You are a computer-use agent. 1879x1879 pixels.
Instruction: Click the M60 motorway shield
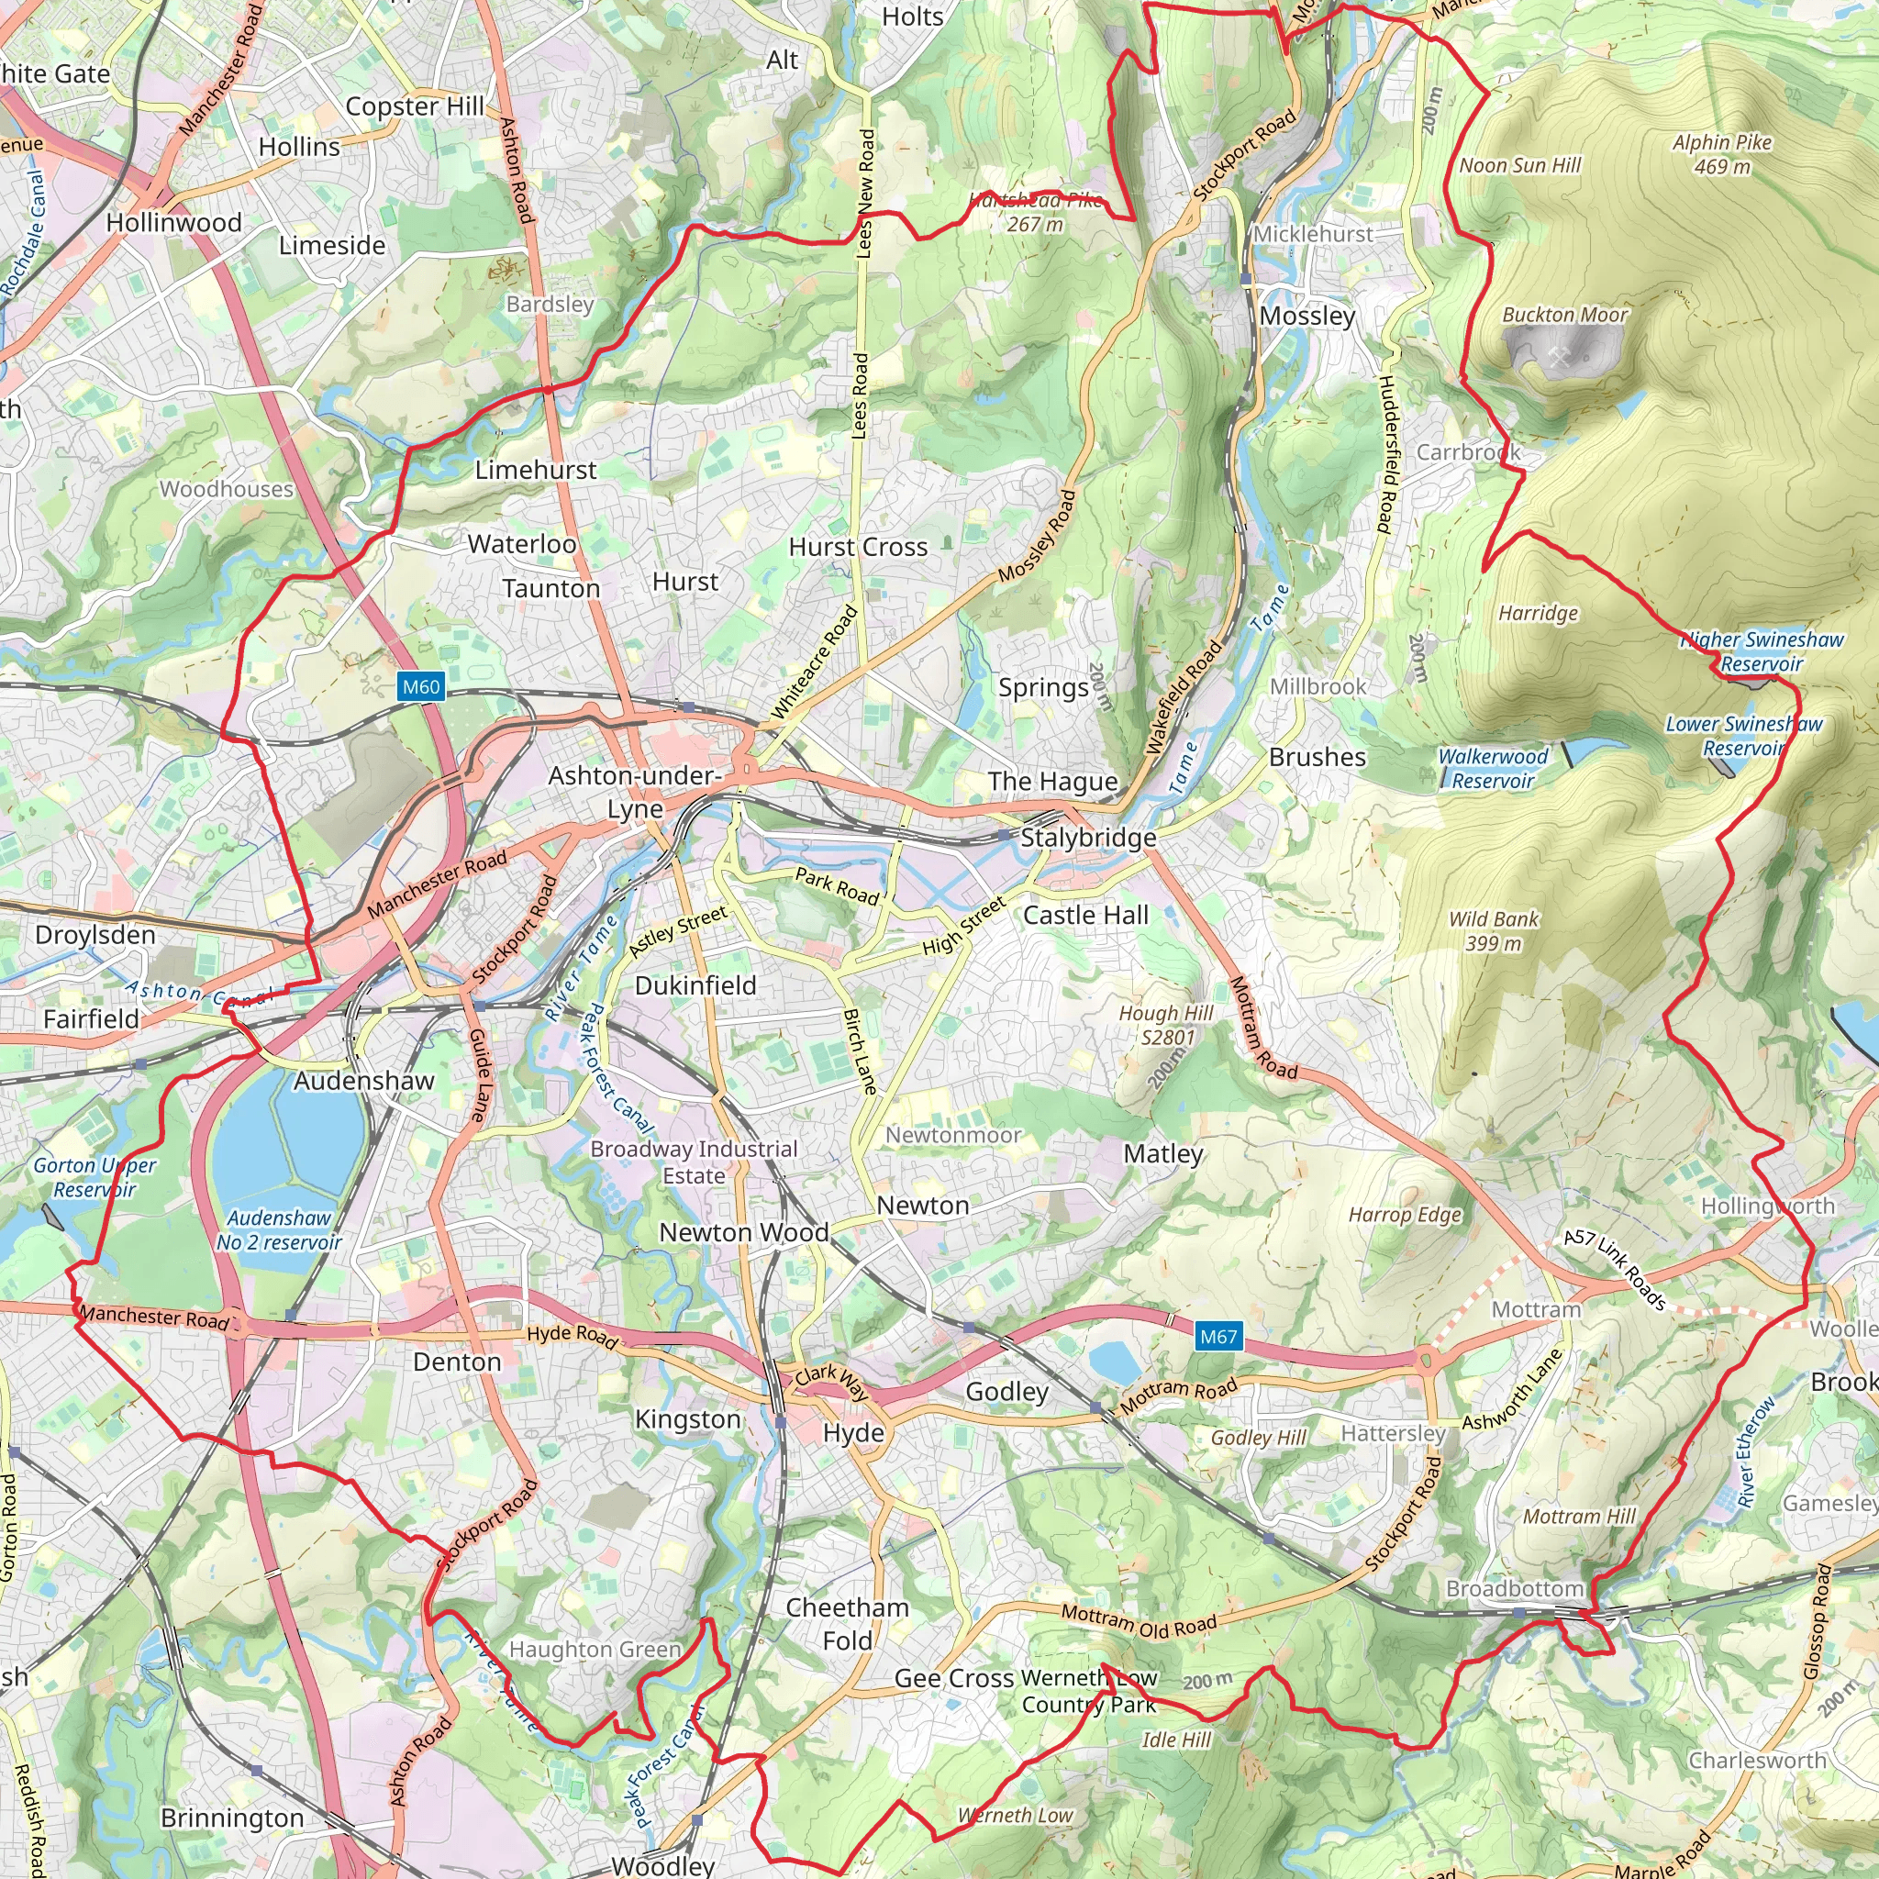tap(421, 686)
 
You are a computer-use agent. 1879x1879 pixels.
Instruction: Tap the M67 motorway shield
tap(1217, 1336)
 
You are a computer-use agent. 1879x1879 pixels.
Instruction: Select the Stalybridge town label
tap(1087, 838)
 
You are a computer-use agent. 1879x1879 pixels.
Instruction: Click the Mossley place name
tap(1306, 317)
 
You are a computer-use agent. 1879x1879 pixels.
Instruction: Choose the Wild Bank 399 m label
tap(1493, 930)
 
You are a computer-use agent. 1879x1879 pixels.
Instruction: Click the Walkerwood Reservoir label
tap(1493, 768)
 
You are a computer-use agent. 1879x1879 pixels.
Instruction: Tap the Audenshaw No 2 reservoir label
tap(279, 1230)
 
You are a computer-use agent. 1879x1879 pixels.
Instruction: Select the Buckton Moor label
tap(1564, 314)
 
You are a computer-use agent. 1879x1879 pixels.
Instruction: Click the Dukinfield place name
tap(695, 985)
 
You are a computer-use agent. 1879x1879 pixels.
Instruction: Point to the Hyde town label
tap(853, 1432)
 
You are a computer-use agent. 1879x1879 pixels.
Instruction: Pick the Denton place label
tap(457, 1362)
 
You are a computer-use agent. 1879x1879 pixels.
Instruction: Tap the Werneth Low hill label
tap(1015, 1815)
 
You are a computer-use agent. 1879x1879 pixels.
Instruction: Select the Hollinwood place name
tap(174, 223)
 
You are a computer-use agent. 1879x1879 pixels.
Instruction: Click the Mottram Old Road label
tap(1138, 1621)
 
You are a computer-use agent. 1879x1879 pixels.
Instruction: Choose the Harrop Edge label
tap(1405, 1215)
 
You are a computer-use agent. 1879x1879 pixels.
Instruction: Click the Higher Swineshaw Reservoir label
tap(1762, 651)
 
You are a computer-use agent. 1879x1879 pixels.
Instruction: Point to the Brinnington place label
tap(232, 1818)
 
